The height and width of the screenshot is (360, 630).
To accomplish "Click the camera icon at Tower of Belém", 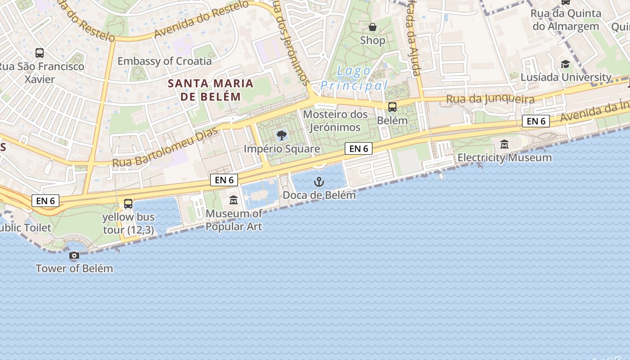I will tap(74, 256).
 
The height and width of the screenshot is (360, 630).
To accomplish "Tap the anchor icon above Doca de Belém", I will tap(319, 182).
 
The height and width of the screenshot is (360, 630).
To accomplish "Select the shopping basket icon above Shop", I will tap(373, 27).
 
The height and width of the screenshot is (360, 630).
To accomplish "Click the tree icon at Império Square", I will tap(282, 135).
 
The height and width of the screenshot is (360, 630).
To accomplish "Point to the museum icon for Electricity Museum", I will tap(504, 144).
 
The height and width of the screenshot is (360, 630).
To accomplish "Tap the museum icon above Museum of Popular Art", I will tap(234, 200).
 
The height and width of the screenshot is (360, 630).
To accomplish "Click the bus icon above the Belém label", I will tap(392, 107).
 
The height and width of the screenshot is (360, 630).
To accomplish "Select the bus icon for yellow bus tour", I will tap(128, 204).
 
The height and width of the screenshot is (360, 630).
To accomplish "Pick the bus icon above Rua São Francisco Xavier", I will tap(40, 53).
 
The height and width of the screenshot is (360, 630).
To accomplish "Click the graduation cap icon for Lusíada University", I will tap(565, 64).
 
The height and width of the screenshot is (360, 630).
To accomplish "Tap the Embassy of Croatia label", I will tap(164, 61).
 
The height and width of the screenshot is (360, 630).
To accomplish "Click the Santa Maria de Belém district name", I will tap(211, 90).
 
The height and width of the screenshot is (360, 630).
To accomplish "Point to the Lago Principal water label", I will tap(354, 78).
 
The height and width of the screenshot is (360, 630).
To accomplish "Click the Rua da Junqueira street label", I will tap(490, 99).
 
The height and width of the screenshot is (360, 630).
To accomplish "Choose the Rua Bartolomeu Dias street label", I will tap(165, 147).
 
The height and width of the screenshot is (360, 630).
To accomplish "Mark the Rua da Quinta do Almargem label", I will tap(566, 20).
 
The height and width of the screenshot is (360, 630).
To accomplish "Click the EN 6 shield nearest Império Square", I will tap(359, 148).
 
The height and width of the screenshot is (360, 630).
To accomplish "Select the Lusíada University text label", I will tap(566, 77).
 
